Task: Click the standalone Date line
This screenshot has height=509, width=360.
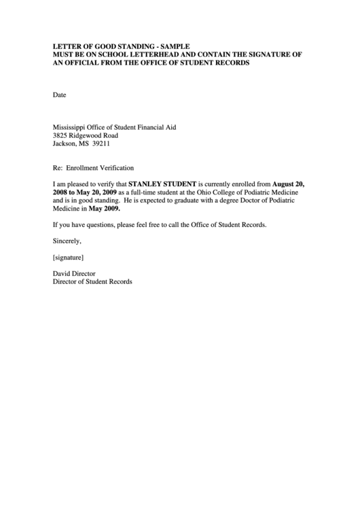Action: tap(59, 95)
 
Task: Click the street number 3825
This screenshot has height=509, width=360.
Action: tap(61, 136)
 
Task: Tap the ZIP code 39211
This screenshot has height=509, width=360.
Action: tap(101, 144)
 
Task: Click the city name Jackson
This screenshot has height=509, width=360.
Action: tap(65, 144)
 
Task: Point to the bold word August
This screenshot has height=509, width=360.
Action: tap(285, 184)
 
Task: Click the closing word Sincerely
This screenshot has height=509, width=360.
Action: tap(67, 241)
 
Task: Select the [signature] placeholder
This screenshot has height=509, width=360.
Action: tap(68, 258)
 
